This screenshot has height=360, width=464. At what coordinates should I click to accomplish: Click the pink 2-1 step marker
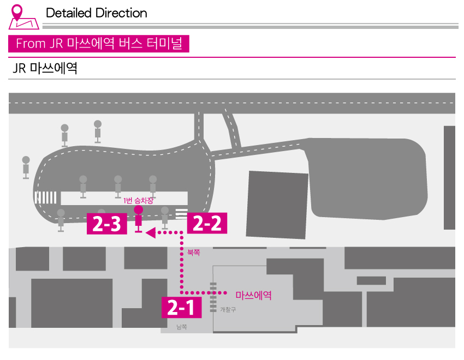coord(181,308)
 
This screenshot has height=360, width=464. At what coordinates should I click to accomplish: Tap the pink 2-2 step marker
coord(207,223)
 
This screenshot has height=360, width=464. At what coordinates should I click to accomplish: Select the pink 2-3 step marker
coord(107,224)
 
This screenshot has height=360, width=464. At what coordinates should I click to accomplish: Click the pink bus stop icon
coord(138,219)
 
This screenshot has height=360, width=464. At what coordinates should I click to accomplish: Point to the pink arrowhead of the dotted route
coord(151,232)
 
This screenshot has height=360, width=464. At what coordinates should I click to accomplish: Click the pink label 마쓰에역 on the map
coord(254,295)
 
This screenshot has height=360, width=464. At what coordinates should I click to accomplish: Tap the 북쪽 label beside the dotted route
coord(194,253)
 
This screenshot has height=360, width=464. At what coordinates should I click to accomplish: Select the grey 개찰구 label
coord(228,309)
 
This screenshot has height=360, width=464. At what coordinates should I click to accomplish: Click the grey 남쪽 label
coord(182,327)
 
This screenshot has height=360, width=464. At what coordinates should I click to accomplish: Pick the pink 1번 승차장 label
coord(139,201)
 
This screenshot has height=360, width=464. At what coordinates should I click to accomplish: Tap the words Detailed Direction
coord(97,13)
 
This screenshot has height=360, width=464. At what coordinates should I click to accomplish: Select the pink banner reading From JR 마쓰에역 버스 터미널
coord(99,44)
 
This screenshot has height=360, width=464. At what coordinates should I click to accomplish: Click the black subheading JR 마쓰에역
coord(45,68)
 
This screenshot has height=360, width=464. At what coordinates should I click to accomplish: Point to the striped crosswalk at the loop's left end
coord(45,198)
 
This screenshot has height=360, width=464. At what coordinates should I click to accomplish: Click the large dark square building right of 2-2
coord(277,205)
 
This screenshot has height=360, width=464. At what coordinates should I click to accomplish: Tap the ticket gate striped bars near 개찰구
coord(213,297)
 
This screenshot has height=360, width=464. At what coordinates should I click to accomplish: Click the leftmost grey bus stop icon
coord(26,167)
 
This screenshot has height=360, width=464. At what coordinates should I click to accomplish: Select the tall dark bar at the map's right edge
coord(449,178)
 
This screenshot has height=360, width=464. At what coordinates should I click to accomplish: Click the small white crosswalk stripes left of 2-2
coord(181,214)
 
